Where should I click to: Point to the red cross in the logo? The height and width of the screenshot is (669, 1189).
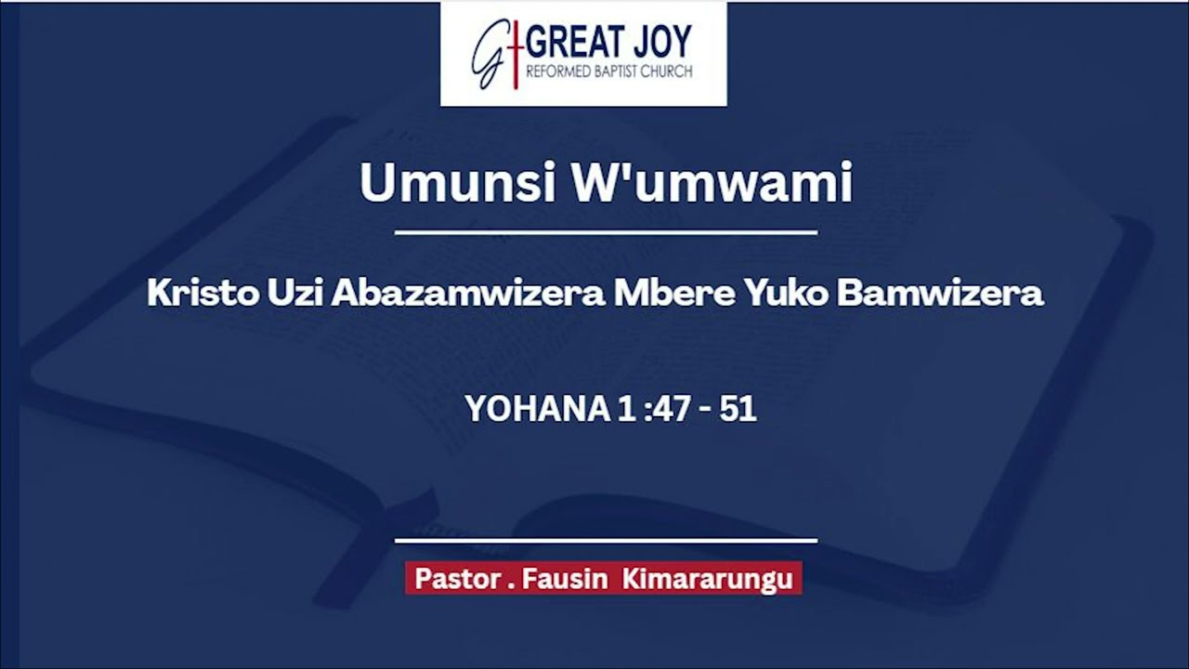coord(515,53)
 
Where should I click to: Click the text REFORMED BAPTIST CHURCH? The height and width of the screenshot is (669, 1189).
coord(608,72)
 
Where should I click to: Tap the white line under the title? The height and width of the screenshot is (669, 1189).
coord(606,232)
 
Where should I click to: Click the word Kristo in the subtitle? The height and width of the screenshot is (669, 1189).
coord(202,294)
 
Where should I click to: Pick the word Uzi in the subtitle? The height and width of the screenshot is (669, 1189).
coord(295,294)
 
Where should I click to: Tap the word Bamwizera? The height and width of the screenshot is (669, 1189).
coord(940,294)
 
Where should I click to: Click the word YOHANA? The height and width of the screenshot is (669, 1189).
coord(536,409)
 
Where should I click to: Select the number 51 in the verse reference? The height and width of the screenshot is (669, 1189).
coord(738,409)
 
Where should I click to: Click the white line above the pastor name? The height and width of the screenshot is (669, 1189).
coord(606,540)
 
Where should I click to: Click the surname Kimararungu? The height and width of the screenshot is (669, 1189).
coord(708,579)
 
